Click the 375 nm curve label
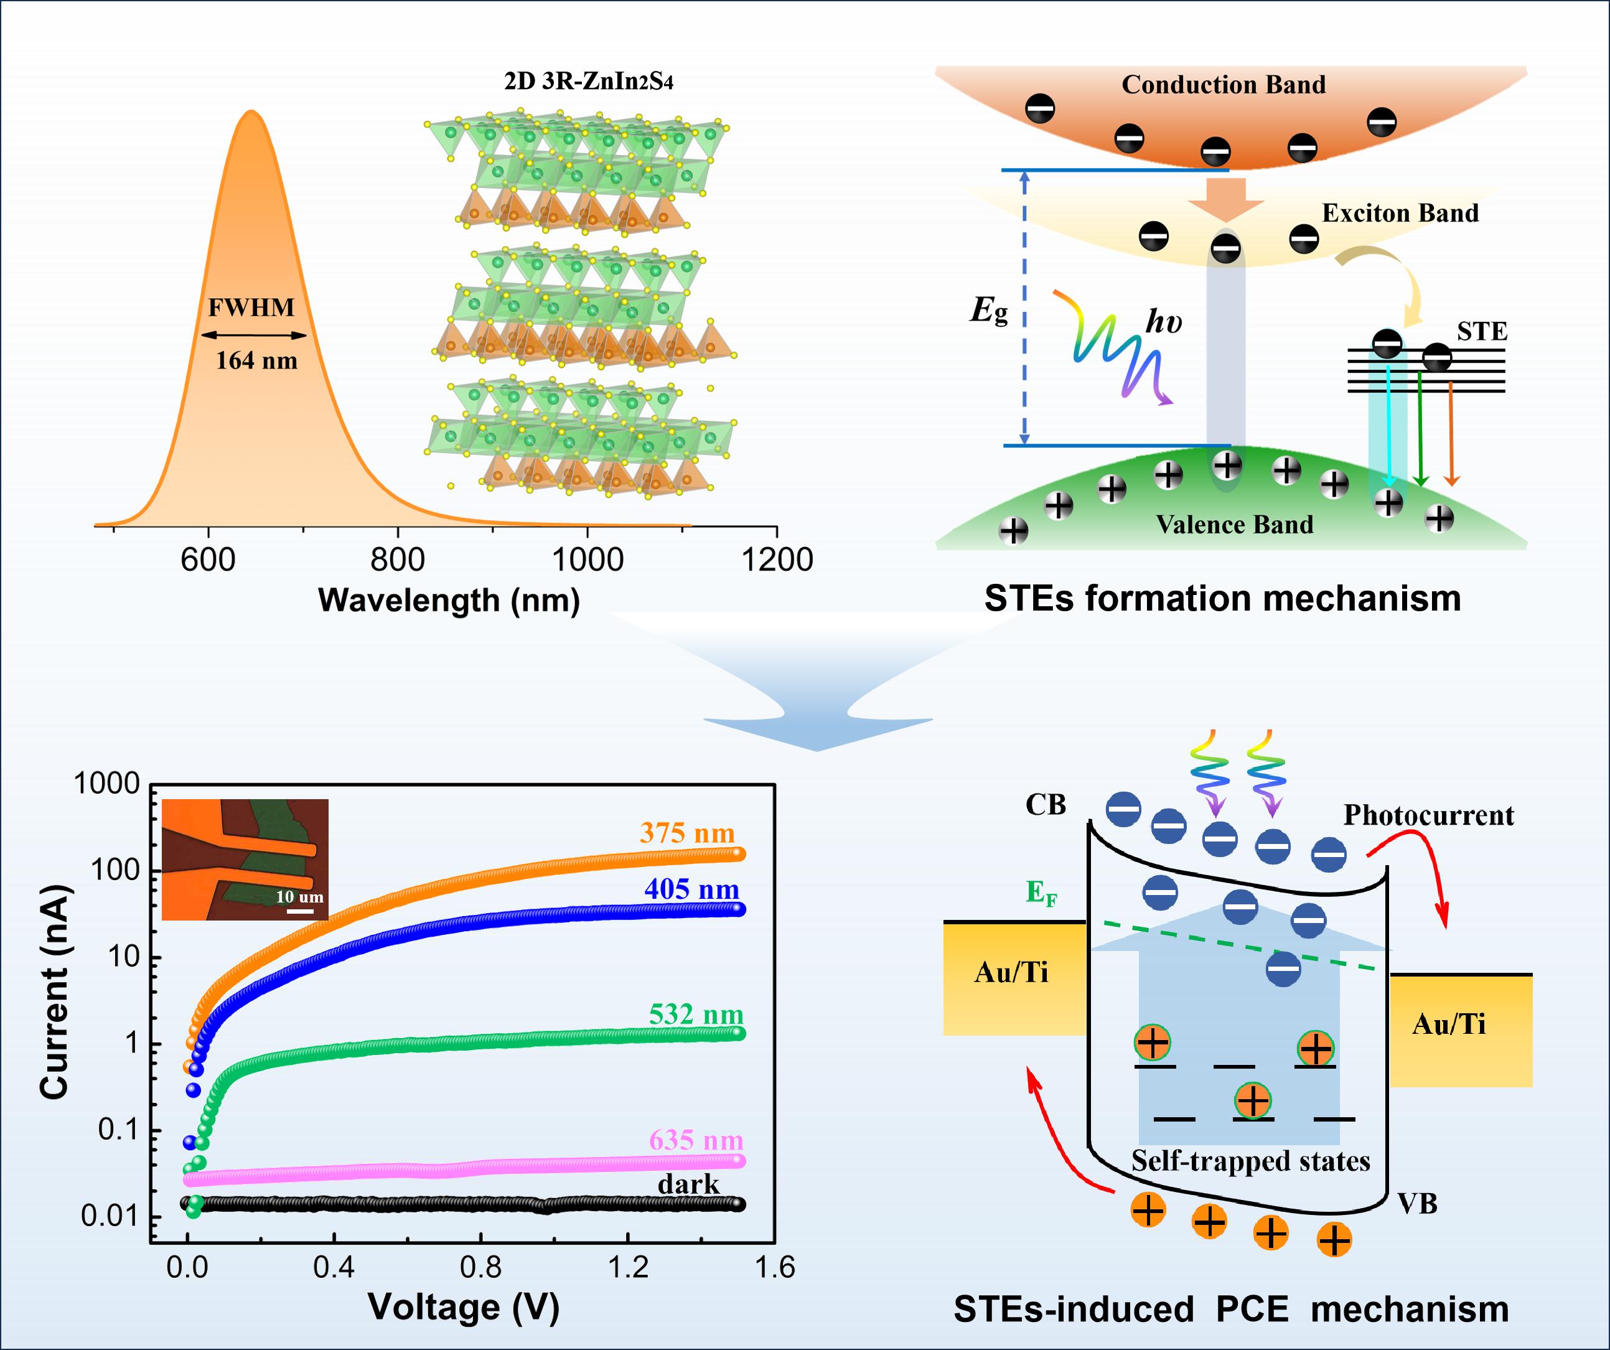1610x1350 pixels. point(687,833)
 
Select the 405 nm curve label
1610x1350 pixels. point(691,889)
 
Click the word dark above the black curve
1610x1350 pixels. point(688,1184)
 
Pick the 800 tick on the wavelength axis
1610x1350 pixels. point(397,560)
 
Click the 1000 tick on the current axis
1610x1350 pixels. point(106,784)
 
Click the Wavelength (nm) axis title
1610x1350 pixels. point(449,600)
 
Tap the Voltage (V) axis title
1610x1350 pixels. point(464,1308)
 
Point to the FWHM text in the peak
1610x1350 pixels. point(251,308)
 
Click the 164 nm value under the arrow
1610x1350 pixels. point(256,360)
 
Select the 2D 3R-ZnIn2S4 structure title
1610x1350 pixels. point(588,82)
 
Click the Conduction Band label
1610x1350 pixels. point(1224,84)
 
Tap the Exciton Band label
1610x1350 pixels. point(1400,213)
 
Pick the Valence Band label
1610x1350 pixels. point(1234,524)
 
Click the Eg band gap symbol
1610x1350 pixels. point(989,311)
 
